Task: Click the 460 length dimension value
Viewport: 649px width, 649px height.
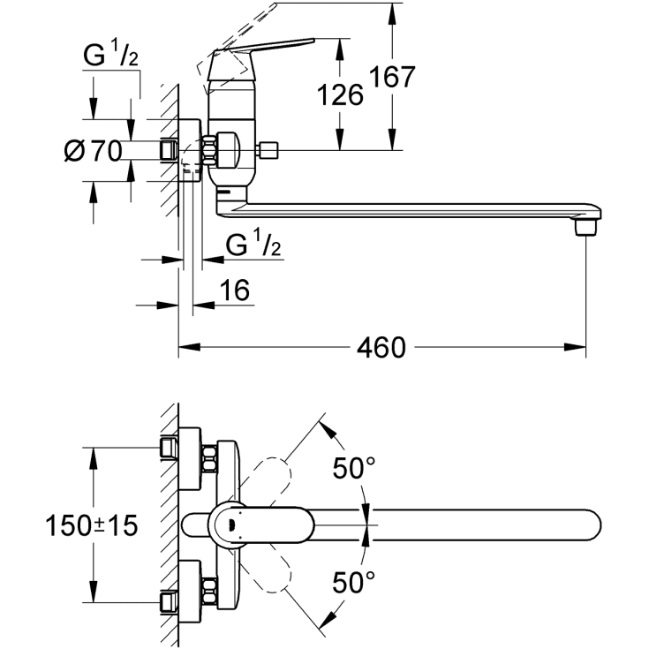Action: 381,347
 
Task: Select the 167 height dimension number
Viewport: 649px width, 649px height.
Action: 392,77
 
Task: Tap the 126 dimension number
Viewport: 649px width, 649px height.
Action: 340,94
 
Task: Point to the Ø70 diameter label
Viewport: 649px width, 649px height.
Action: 93,151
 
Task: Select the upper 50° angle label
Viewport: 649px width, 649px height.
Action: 354,468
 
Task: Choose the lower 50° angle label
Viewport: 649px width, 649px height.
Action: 354,582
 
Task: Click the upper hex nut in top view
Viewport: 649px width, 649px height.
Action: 211,459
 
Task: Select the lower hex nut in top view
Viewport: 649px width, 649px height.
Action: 211,589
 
